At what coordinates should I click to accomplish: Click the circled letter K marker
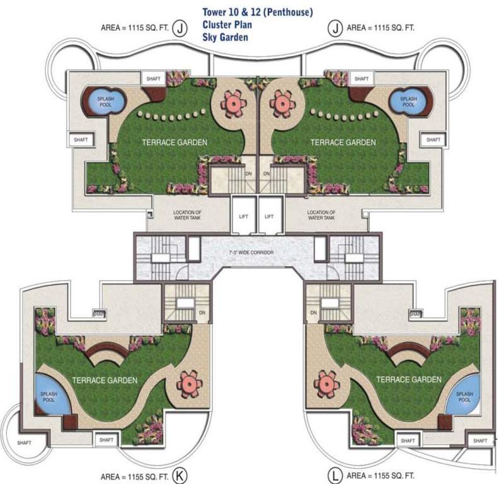[x=181, y=475]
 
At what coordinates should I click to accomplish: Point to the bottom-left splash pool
[x=49, y=396]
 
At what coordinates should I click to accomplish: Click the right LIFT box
[x=269, y=216]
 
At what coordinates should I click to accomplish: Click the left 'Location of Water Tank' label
[x=187, y=216]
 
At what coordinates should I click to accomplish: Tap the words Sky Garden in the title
[x=225, y=37]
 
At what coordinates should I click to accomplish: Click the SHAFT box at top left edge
[x=81, y=139]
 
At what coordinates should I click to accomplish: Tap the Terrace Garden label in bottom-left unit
[x=101, y=380]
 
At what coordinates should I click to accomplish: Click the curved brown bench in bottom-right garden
[x=408, y=356]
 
